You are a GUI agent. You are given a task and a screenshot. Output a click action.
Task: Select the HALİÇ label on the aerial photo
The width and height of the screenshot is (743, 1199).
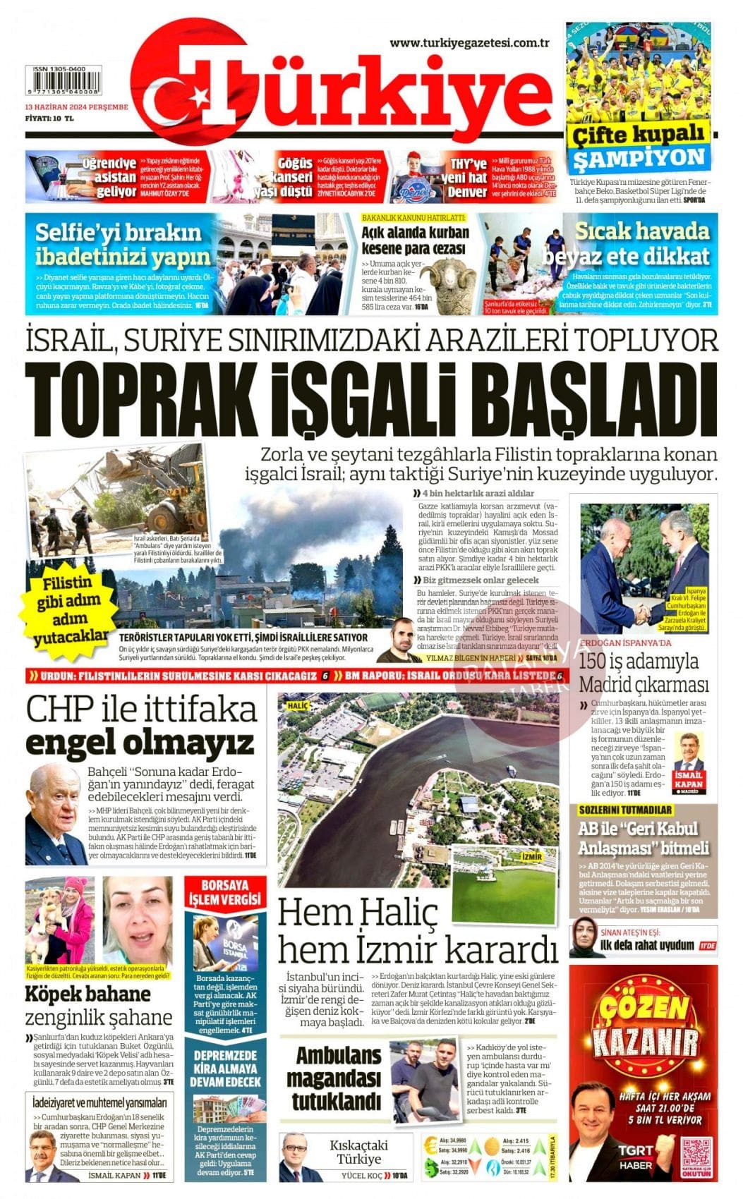(x=298, y=704)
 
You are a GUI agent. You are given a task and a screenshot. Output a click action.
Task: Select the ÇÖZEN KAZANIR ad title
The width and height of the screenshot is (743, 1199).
(x=643, y=1023)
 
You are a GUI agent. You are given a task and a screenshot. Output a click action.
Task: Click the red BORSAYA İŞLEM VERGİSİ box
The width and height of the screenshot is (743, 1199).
(x=226, y=892)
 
